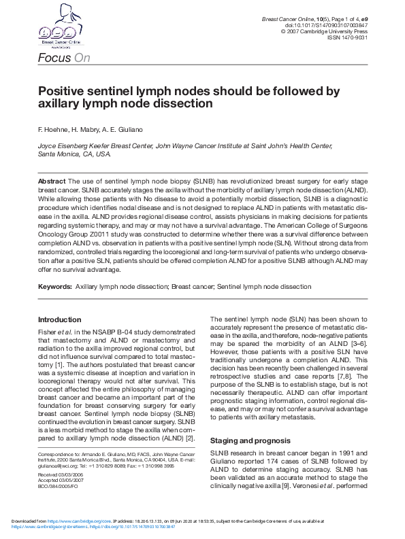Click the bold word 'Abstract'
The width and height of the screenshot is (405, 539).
point(52,181)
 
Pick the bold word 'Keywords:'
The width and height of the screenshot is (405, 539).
point(55,287)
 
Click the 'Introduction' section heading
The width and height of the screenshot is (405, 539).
point(59,319)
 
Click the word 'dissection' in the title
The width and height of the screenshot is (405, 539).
point(185,104)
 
